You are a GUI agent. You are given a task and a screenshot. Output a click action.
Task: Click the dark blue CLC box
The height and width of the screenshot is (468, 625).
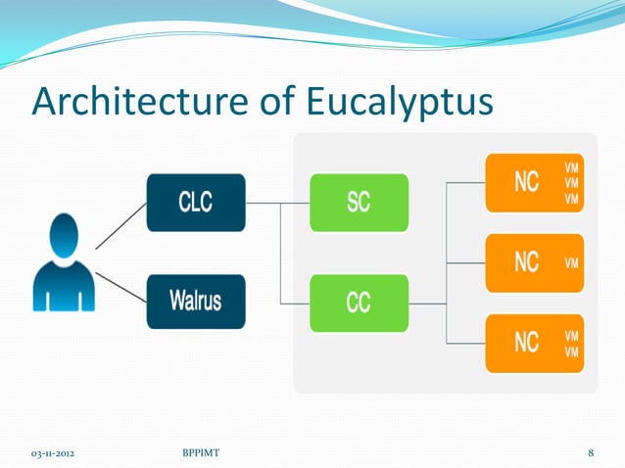pos(195,203)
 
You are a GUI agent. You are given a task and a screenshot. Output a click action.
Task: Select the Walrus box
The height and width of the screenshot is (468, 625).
pos(195,301)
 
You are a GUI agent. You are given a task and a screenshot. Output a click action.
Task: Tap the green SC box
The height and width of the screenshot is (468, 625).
pos(359,203)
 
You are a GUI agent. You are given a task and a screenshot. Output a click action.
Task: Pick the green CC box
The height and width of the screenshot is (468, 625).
pos(359,303)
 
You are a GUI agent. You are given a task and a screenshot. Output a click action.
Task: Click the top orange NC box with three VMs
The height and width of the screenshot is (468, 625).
pos(534,183)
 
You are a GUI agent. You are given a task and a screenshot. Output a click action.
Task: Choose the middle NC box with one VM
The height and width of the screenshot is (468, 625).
pos(534,263)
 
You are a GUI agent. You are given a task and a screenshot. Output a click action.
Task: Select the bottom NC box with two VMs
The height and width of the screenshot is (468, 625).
pos(534,343)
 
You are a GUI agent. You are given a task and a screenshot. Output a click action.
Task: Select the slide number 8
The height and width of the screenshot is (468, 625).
pos(591,452)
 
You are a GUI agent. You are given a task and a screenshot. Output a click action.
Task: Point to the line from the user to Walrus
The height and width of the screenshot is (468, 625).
pos(120,286)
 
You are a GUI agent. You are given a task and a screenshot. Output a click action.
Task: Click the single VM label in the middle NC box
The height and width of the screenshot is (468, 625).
pos(571,263)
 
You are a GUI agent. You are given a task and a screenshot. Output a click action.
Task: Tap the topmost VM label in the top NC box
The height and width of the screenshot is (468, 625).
pos(571,167)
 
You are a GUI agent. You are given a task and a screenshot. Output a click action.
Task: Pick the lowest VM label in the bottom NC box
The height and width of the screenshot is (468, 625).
pos(571,351)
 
